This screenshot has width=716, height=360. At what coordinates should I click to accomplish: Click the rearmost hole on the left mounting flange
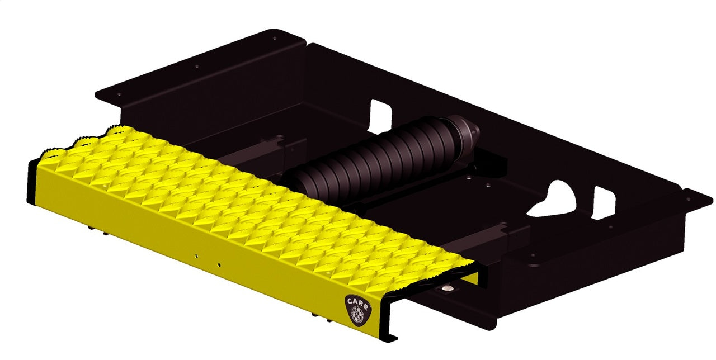[x=274, y=39]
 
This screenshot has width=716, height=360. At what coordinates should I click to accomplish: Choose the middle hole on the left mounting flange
[x=197, y=66]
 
